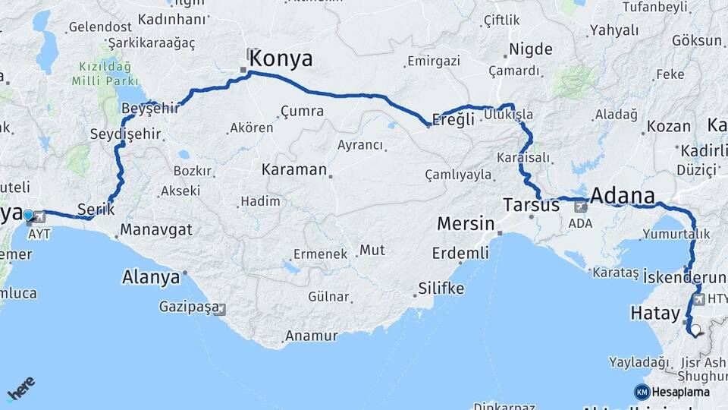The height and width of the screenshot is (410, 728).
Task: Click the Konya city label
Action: coord(281,58)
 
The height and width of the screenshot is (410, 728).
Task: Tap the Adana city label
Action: coord(622,195)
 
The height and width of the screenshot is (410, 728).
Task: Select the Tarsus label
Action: coord(532,205)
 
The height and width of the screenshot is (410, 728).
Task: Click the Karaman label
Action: coord(294,169)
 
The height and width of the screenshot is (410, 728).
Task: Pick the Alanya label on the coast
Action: coord(151,277)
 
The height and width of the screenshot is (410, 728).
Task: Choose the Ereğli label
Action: coord(453,119)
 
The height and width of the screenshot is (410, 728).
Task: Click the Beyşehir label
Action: coord(150,108)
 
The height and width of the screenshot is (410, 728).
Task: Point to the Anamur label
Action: coord(311,336)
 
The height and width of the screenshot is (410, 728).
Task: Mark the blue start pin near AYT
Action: coord(28,216)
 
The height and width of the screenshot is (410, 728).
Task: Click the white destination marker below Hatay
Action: coord(695,330)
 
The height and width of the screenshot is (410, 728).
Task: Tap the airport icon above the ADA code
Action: coord(581,206)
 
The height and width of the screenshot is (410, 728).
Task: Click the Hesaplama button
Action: coord(672,392)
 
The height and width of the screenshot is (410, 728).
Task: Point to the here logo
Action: coord(20,388)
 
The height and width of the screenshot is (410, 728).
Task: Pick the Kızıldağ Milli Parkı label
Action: coord(105,73)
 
